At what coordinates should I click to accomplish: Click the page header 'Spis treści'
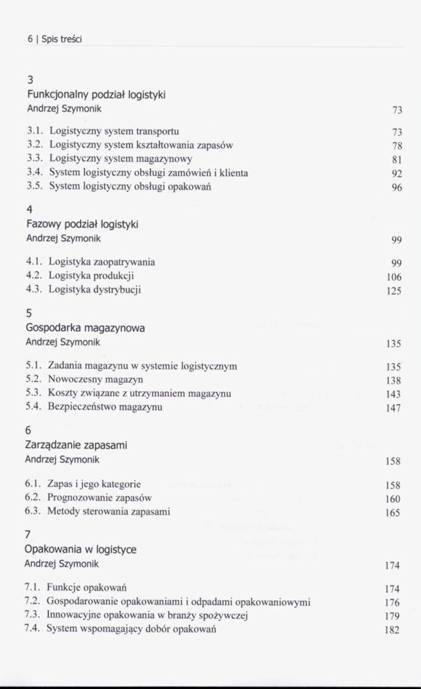click(x=61, y=40)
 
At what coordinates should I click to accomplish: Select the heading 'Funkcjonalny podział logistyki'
click(x=96, y=94)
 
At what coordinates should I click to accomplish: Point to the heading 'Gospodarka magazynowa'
click(x=85, y=328)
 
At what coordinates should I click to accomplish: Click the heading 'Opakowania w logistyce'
click(x=80, y=549)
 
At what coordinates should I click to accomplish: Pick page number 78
click(x=396, y=146)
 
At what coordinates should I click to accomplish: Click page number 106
click(x=393, y=277)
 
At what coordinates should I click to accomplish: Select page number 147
click(x=393, y=409)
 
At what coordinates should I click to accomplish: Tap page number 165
click(x=393, y=513)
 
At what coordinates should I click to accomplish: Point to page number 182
click(x=392, y=630)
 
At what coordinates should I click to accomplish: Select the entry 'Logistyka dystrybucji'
click(x=95, y=289)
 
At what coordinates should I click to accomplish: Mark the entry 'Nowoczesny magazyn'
click(x=95, y=380)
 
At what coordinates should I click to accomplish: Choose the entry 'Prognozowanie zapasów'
click(x=99, y=497)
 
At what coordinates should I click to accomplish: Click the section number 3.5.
click(x=35, y=186)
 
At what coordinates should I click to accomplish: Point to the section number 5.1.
click(x=34, y=367)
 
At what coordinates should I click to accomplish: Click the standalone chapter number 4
click(x=30, y=209)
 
